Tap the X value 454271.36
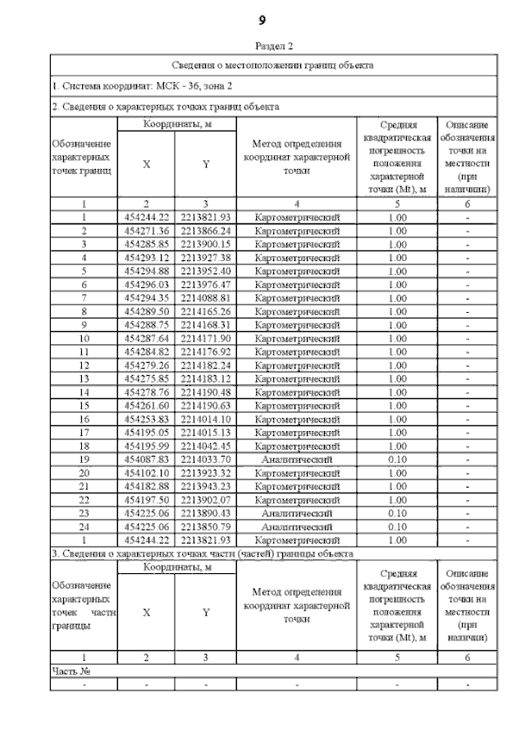tap(146, 231)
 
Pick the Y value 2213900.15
tap(206, 244)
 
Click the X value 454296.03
tap(146, 284)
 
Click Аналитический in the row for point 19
tap(297, 460)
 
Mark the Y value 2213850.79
tap(206, 526)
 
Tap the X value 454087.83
tap(146, 460)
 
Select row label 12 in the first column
tap(84, 365)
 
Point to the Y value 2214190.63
tap(206, 406)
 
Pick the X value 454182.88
tap(146, 486)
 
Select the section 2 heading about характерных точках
tap(164, 106)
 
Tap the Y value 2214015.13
tap(206, 433)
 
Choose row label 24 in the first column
tap(84, 526)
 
